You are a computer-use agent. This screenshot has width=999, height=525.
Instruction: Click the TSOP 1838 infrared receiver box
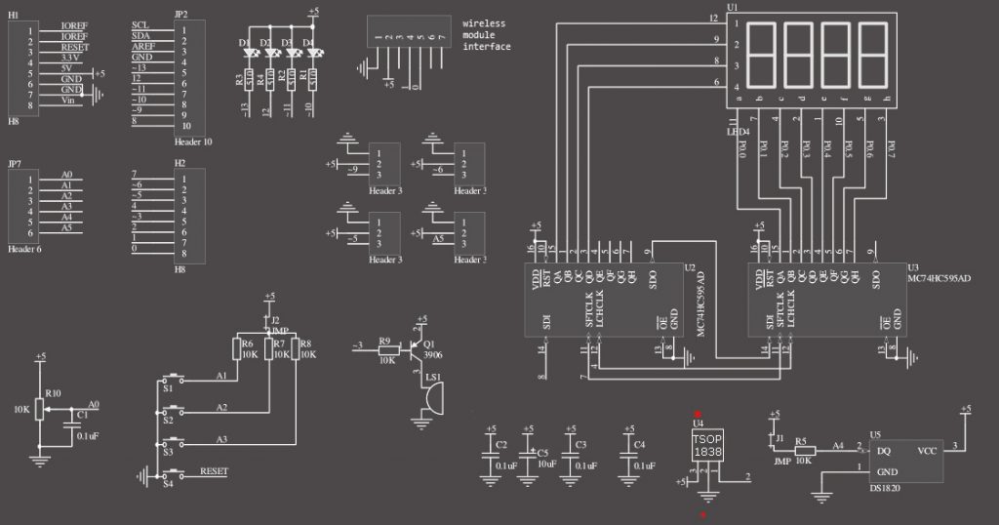pos(708,446)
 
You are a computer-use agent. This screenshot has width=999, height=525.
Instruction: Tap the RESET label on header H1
pos(75,46)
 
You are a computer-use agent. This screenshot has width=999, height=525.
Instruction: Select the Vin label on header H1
pos(68,101)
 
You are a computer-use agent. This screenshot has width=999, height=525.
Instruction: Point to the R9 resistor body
pos(385,346)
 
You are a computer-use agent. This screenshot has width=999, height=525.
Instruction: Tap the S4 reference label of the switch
pos(168,483)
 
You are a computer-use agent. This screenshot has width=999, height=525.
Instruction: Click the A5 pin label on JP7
pos(66,227)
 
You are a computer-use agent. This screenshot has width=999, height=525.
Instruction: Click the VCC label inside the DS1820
pos(927,451)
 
